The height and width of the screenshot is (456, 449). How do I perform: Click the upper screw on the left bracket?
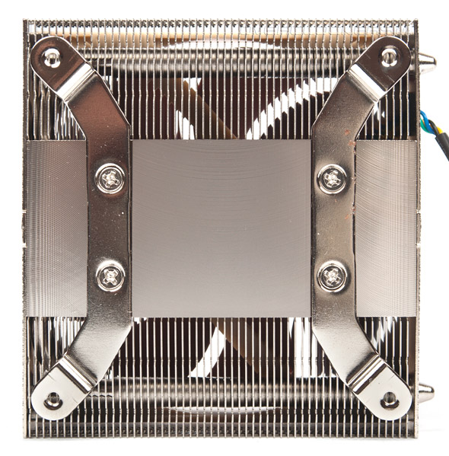tap(111, 179)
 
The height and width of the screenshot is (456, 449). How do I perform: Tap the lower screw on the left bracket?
tap(111, 275)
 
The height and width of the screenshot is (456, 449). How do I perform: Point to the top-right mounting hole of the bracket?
tap(389, 56)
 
